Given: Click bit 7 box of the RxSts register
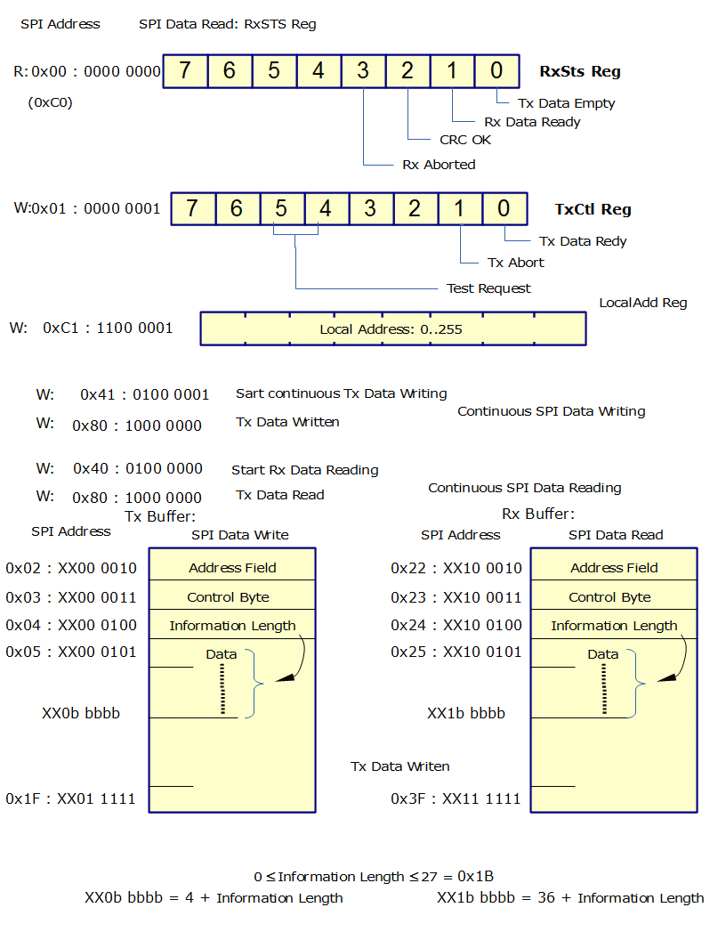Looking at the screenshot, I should coord(185,71).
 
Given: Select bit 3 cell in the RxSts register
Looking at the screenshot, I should coord(363,71).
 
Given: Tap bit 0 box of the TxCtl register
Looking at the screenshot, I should coord(504,209).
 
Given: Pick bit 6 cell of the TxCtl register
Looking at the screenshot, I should coord(237,209).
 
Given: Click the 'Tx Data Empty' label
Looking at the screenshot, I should coord(566,103).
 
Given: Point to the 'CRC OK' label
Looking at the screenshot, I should coord(465,140).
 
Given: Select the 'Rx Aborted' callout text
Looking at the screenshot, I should coord(439,165).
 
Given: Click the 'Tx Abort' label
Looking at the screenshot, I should coord(516,263).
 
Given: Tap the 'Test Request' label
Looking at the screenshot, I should coord(488,288).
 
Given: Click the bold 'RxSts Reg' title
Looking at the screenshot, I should coord(580,72).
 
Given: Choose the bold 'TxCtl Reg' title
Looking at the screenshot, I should coord(593,210).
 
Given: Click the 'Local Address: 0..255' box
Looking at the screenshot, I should coord(392,328).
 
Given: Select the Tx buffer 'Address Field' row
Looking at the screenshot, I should coord(232,568).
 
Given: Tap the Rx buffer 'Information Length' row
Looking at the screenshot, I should coord(614,626).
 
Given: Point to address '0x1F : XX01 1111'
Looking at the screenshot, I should coord(71,798).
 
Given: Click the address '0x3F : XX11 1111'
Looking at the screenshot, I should coord(456,798).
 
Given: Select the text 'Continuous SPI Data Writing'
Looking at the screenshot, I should coord(551,411).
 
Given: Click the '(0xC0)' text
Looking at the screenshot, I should coord(51,102).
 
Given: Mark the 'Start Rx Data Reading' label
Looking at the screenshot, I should coord(304,470).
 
